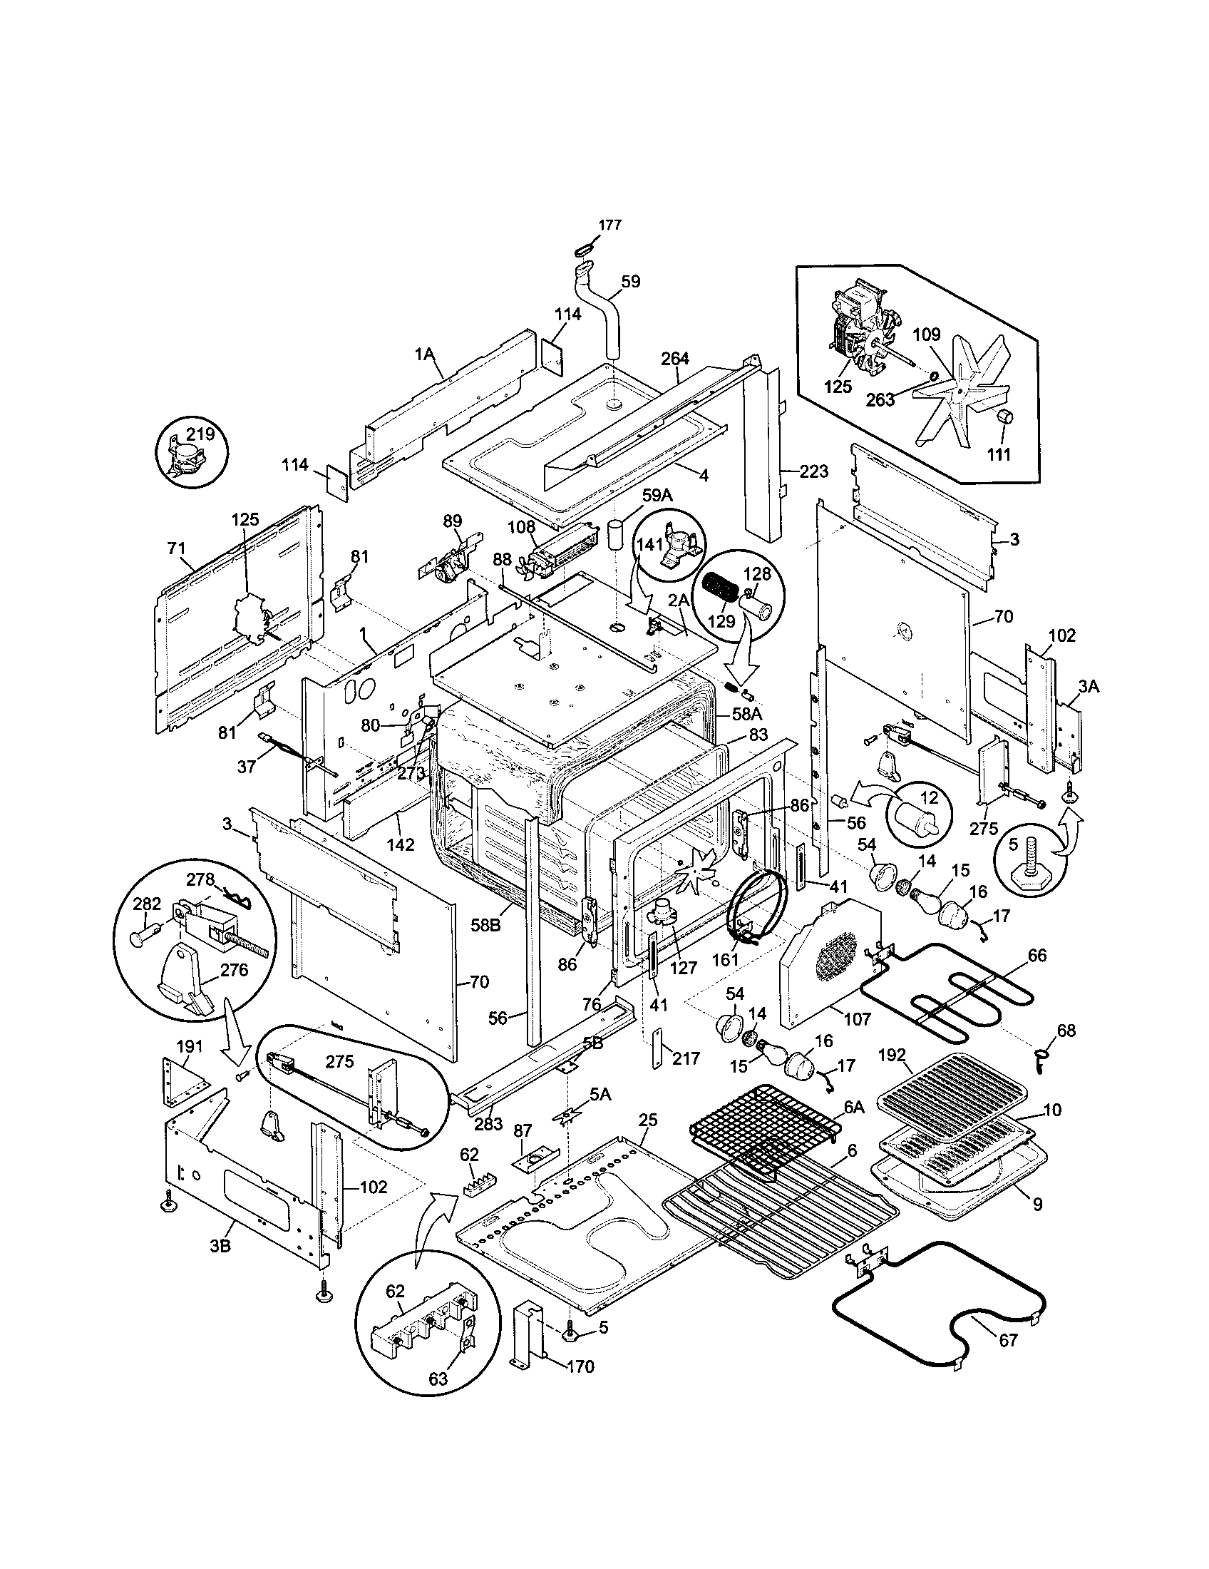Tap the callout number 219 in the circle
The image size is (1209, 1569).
(x=200, y=434)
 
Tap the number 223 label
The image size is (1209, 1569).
(x=814, y=472)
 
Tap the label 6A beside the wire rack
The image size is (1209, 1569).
(x=854, y=1107)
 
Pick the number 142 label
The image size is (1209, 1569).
(x=400, y=845)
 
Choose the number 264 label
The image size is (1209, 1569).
(x=675, y=358)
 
